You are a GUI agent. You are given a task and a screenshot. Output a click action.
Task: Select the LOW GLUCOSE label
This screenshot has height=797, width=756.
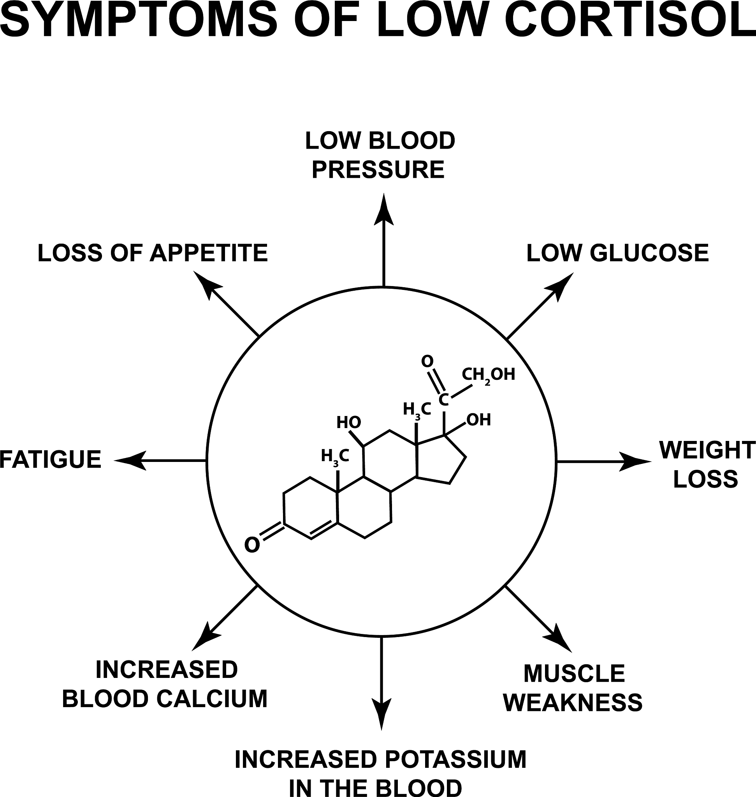[x=617, y=253]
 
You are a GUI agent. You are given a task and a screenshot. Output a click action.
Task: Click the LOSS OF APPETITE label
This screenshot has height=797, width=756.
[x=153, y=253]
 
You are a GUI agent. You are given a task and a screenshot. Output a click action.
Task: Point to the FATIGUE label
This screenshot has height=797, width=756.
[x=50, y=460]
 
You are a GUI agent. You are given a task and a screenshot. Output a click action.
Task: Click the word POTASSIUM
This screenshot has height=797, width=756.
[x=455, y=760]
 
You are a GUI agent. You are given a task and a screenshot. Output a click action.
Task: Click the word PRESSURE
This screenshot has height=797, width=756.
[x=378, y=170]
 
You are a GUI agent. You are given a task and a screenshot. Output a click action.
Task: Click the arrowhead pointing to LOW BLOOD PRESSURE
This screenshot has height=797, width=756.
[x=383, y=209]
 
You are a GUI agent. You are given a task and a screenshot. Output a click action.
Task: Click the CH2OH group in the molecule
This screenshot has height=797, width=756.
[x=488, y=375]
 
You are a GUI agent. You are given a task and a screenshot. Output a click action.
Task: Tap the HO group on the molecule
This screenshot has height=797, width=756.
[x=348, y=423]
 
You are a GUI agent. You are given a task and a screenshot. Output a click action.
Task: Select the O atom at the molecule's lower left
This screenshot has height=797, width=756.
[x=252, y=546]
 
